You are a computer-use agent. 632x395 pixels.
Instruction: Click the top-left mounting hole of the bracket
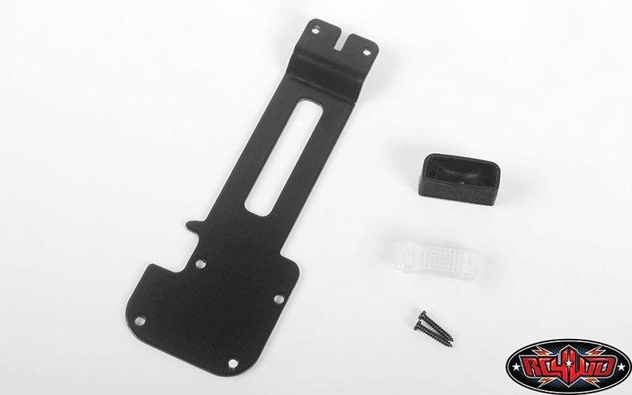(x=317, y=28)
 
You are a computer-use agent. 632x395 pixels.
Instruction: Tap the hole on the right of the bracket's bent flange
(x=367, y=52)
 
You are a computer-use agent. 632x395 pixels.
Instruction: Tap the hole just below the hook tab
(x=200, y=264)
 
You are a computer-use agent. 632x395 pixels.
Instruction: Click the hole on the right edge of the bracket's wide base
(x=279, y=299)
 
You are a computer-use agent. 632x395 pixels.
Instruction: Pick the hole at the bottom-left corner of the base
(x=140, y=321)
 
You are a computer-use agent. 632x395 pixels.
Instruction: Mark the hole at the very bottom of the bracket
(x=233, y=363)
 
